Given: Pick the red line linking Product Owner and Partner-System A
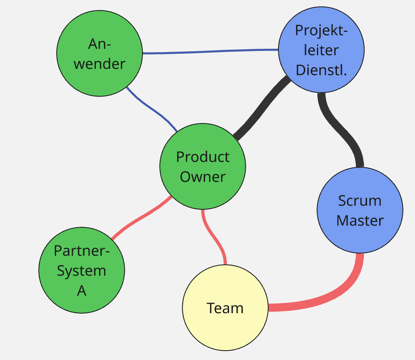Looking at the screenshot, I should click(x=140, y=218).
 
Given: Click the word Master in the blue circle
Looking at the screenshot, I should click(x=360, y=221).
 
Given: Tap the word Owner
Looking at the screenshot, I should click(x=203, y=177).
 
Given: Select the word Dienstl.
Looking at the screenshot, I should click(x=321, y=70).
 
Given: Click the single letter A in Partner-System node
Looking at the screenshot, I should click(x=82, y=291).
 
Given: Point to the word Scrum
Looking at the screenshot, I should click(x=360, y=201).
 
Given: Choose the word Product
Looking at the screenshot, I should click(x=203, y=157).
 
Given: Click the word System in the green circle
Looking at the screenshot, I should click(x=81, y=271).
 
